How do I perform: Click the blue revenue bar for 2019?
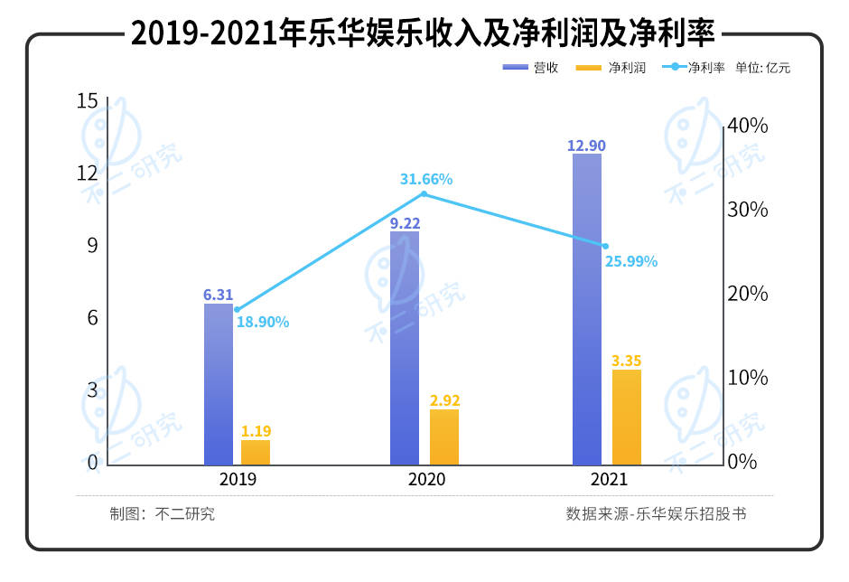pos(219,384)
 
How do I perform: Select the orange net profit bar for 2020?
pos(443,437)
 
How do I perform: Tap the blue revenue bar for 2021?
pos(587,309)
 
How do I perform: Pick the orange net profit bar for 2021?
pos(626,418)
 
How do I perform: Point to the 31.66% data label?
pos(426,179)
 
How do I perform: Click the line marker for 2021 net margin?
pos(605,246)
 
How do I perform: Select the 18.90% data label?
pos(263,321)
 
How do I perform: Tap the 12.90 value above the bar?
pos(588,145)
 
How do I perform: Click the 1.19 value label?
pos(257,431)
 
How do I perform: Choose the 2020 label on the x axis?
pos(426,479)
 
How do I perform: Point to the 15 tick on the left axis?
pos(87,101)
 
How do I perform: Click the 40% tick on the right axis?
pos(749,126)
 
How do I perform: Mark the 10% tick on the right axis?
pos(749,378)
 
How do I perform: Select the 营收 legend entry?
pos(529,68)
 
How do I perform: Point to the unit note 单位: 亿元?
pos(763,68)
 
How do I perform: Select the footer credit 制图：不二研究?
pos(163,514)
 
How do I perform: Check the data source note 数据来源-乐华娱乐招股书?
pos(657,514)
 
